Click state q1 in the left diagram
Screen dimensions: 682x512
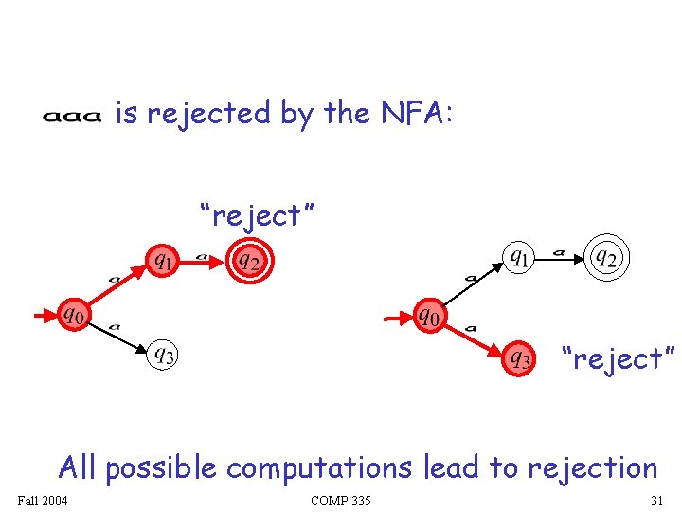click(163, 258)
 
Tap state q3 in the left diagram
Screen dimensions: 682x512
click(164, 356)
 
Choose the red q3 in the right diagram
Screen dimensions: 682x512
click(520, 358)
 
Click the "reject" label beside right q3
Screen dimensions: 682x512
click(619, 359)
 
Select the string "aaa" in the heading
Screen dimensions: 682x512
click(71, 118)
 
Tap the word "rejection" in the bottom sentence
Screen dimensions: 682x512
click(592, 467)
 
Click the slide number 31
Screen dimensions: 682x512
click(656, 501)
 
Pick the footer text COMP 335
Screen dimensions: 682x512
click(340, 501)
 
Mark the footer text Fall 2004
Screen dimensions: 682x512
click(42, 501)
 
